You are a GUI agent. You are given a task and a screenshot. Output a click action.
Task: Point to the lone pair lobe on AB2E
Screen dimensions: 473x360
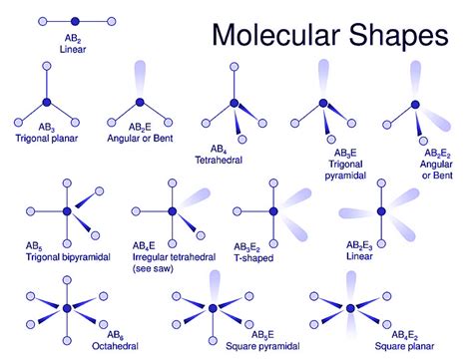tap(137, 80)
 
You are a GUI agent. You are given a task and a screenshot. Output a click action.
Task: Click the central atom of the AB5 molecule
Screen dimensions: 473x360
tap(67, 212)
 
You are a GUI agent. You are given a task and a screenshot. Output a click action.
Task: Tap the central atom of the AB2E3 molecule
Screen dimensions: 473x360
tap(379, 212)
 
